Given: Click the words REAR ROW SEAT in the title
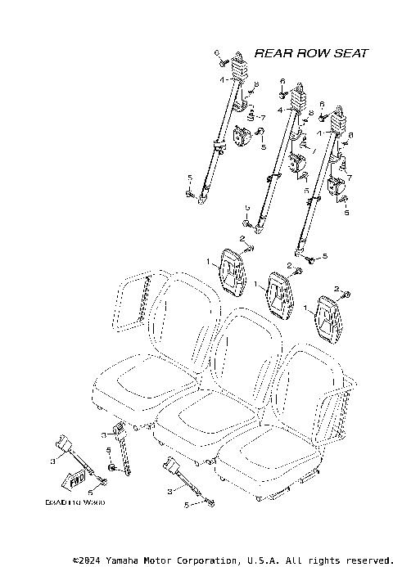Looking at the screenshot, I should [310, 53].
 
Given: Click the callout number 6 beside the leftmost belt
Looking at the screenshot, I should [219, 52].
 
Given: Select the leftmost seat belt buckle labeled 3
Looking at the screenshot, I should [65, 446].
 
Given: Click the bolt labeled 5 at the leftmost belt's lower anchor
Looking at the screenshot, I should [190, 194].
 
